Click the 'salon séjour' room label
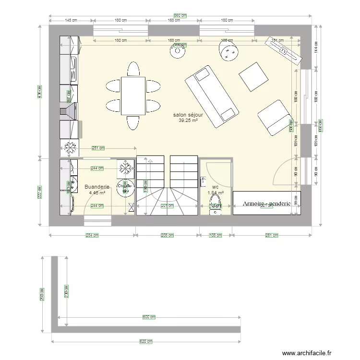tap(188, 115)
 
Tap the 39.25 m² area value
tap(188, 121)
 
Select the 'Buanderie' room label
tap(97, 187)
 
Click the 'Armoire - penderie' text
tap(266, 204)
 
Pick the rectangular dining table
tap(133, 96)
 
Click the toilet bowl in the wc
tap(216, 198)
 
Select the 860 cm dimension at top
tap(180, 16)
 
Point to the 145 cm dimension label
tap(71, 20)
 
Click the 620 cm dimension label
tap(146, 342)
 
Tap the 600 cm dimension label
tap(149, 317)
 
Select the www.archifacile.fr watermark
tap(307, 353)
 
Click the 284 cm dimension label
tap(92, 235)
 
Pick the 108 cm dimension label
tap(216, 235)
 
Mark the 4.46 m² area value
tap(97, 193)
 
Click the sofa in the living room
tap(212, 96)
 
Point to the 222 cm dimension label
tap(40, 192)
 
